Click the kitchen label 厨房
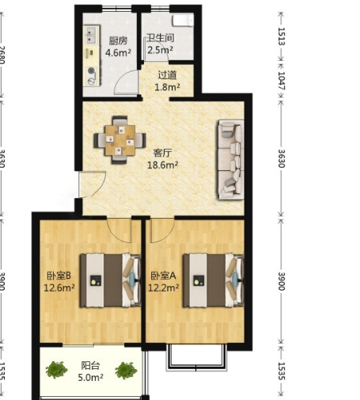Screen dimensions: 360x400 pyautogui.click(x=118, y=40)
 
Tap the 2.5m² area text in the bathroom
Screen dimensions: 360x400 pyautogui.click(x=160, y=50)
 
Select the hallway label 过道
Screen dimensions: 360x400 pyautogui.click(x=167, y=75)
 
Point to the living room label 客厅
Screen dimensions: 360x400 pyautogui.click(x=162, y=153)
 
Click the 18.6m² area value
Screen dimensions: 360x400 pyautogui.click(x=162, y=165)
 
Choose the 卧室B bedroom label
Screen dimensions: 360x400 pyautogui.click(x=59, y=276)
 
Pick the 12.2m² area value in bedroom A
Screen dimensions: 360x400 pyautogui.click(x=164, y=288)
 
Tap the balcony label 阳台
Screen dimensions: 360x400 pyautogui.click(x=90, y=366)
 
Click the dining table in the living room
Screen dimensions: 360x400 pyautogui.click(x=119, y=140)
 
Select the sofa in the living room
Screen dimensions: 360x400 pyautogui.click(x=230, y=160)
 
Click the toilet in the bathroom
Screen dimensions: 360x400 pyautogui.click(x=183, y=21)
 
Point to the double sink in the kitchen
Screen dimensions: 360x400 pyautogui.click(x=91, y=36)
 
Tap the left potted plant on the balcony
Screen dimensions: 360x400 pyautogui.click(x=56, y=370)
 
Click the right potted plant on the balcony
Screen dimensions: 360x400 pyautogui.click(x=126, y=370)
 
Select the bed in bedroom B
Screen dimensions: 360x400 pyautogui.click(x=110, y=280)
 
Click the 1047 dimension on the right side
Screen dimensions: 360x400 pyautogui.click(x=282, y=81)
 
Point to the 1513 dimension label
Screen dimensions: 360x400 pyautogui.click(x=282, y=36)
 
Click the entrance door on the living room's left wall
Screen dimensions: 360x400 pyautogui.click(x=93, y=184)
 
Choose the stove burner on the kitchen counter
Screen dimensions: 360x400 pyautogui.click(x=91, y=70)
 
